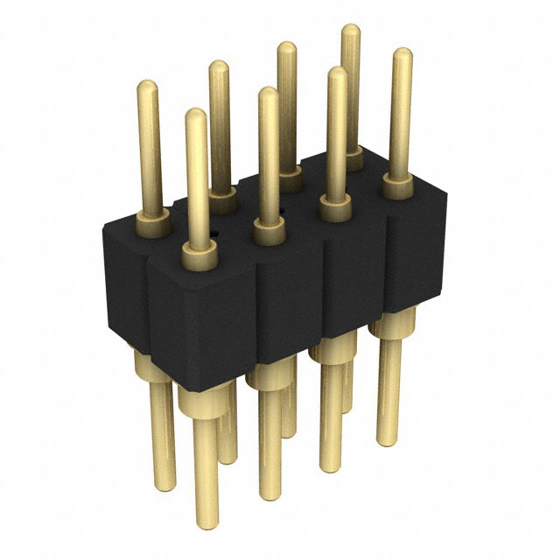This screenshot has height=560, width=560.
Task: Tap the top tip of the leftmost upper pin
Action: [x=148, y=86]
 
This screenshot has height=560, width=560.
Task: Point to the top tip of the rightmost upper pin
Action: [x=402, y=54]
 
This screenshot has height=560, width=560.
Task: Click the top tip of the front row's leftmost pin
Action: [x=197, y=115]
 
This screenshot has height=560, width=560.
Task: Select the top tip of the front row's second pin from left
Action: [x=269, y=92]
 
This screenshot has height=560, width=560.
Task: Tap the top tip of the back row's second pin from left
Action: [x=219, y=66]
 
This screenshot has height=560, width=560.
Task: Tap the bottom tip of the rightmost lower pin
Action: [x=388, y=443]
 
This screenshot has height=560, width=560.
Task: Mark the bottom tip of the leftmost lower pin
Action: [x=164, y=483]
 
